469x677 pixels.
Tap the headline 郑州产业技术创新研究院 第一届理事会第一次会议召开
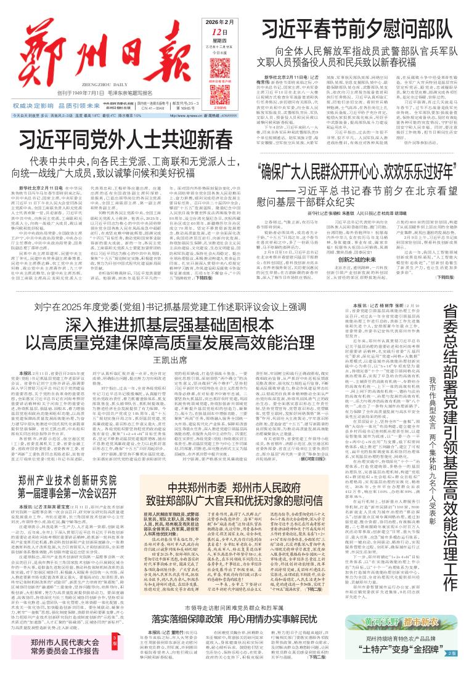pyautogui.click(x=73, y=467)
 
